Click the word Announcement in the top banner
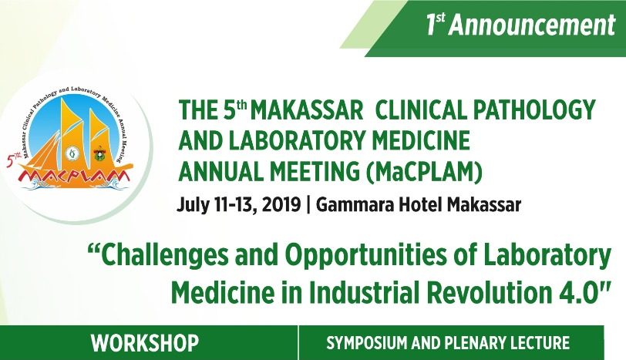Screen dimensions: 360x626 pos(532,25)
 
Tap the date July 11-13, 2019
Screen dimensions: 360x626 pos(237,205)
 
